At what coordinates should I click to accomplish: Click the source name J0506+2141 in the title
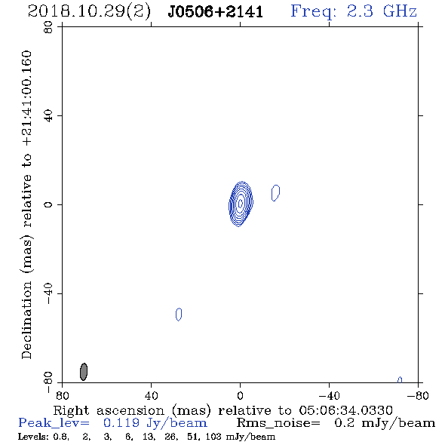(216, 12)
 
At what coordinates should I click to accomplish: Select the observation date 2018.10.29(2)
(89, 12)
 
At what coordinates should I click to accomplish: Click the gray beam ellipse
(84, 372)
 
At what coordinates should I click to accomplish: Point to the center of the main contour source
(241, 203)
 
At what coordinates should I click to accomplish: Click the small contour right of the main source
(275, 192)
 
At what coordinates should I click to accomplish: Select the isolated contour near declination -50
(179, 315)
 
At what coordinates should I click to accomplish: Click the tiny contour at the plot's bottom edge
(400, 379)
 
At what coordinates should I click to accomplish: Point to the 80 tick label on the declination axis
(48, 27)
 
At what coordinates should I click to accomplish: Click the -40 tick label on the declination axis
(48, 293)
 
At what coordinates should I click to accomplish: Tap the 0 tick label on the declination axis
(48, 204)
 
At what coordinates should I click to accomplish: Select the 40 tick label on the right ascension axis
(152, 396)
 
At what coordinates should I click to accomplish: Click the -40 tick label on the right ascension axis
(329, 396)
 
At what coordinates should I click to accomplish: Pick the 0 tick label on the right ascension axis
(240, 396)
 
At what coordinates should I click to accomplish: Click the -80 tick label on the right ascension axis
(418, 396)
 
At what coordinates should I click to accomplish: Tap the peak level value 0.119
(121, 423)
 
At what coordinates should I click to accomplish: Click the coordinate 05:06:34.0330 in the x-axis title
(345, 410)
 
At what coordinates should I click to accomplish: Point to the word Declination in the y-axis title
(26, 321)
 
